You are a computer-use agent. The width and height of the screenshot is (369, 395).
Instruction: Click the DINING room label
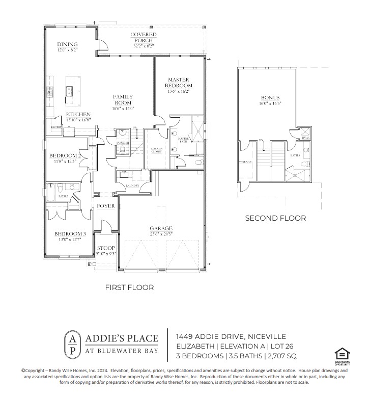pos(67,45)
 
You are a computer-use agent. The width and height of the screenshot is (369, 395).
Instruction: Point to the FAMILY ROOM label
pos(123,99)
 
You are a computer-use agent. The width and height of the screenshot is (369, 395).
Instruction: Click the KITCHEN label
pos(78,115)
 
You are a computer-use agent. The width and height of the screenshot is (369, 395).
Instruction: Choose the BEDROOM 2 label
pos(65,155)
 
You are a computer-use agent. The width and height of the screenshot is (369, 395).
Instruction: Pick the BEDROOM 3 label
pos(70,234)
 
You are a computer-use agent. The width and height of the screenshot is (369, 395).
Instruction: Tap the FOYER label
pos(106,206)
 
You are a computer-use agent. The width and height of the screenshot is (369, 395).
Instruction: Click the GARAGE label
pos(161,228)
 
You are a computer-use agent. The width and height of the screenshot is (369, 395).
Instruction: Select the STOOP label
pos(106,248)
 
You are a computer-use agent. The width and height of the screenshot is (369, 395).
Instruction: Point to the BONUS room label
pos(270,98)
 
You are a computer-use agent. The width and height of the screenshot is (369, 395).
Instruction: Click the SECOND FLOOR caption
pos(275,218)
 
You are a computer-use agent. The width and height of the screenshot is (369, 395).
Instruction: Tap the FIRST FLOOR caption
pos(129,287)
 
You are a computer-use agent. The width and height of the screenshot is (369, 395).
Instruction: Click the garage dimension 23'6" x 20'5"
pos(161,234)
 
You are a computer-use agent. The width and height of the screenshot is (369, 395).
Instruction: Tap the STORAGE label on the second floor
pos(245,162)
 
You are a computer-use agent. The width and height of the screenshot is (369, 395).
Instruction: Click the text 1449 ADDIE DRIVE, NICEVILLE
pos(231,336)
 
